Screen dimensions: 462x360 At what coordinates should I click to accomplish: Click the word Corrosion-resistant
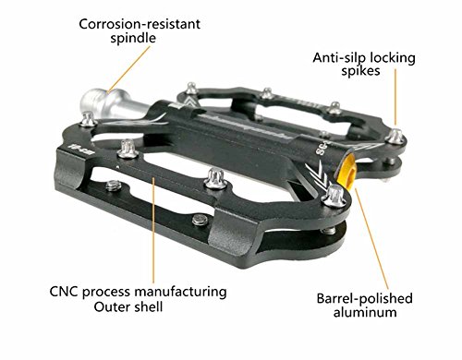point(140,24)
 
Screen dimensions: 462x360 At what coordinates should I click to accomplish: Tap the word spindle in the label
point(133,39)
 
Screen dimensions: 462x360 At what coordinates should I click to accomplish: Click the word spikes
point(360,71)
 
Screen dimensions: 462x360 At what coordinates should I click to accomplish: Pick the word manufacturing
point(181,292)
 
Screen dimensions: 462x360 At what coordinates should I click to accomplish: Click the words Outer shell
point(128,306)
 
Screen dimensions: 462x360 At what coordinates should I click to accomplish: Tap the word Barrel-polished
point(365,298)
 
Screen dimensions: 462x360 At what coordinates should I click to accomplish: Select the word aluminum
point(365,312)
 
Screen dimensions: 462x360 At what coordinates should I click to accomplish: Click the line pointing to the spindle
point(128,69)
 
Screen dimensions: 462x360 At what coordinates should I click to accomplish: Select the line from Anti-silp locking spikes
point(395,97)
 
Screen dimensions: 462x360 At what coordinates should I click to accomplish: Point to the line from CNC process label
point(153,230)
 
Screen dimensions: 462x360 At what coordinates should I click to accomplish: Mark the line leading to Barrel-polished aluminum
point(372,239)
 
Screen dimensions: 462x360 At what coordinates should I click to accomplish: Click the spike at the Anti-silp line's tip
point(395,136)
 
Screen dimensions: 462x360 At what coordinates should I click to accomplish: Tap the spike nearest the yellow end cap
point(334,197)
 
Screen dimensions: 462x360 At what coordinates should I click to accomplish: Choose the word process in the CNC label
point(106,293)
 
